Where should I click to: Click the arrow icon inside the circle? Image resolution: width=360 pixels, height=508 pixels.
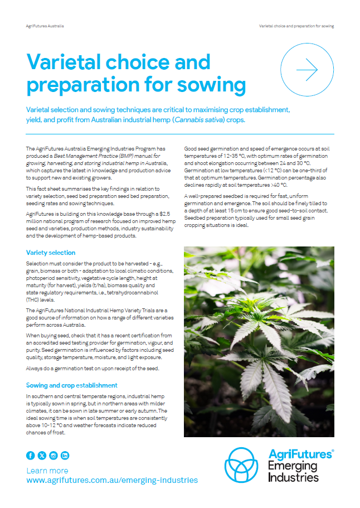pyautogui.click(x=307, y=70)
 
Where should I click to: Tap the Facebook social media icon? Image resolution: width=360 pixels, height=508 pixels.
pyautogui.click(x=31, y=456)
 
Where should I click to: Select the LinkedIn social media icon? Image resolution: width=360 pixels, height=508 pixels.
pyautogui.click(x=65, y=456)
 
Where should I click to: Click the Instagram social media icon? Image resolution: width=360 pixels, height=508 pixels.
pyautogui.click(x=53, y=456)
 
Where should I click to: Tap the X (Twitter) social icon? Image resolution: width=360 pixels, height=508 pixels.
pyautogui.click(x=42, y=456)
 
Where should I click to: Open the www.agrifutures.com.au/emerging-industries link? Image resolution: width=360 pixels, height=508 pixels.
pyautogui.click(x=112, y=480)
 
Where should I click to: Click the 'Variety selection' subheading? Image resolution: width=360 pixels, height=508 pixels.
pyautogui.click(x=51, y=253)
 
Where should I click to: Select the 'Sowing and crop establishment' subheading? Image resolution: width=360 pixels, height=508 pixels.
pyautogui.click(x=72, y=385)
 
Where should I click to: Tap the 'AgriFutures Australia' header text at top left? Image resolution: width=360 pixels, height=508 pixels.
pyautogui.click(x=45, y=26)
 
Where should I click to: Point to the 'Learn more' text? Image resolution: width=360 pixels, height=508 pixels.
pyautogui.click(x=47, y=471)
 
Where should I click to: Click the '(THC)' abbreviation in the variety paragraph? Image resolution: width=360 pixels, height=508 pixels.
pyautogui.click(x=35, y=299)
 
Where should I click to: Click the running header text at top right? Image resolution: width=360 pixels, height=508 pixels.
pyautogui.click(x=297, y=26)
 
